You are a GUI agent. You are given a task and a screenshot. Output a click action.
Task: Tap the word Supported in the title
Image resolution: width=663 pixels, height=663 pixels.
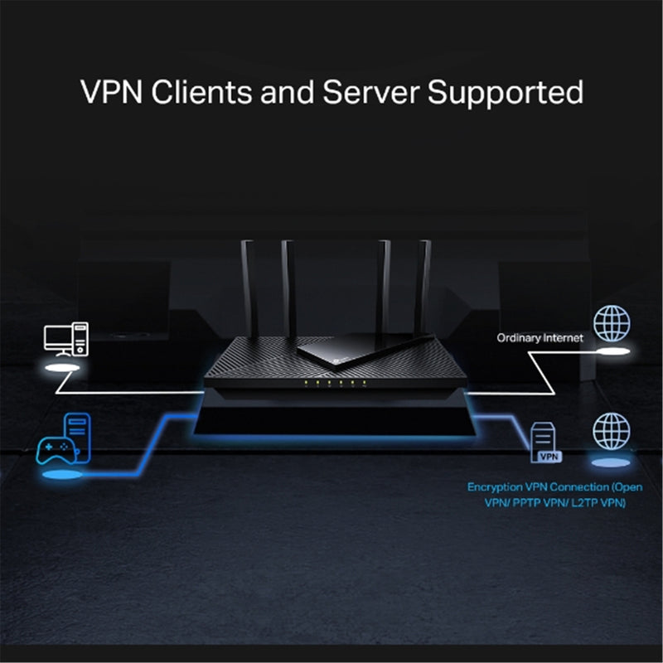click(506, 93)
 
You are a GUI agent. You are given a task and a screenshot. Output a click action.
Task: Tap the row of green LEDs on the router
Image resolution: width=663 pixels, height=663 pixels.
click(331, 383)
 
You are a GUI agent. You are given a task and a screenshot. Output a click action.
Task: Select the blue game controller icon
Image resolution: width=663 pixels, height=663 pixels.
click(55, 451)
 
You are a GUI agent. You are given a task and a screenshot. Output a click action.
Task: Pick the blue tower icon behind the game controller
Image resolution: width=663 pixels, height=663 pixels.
click(76, 436)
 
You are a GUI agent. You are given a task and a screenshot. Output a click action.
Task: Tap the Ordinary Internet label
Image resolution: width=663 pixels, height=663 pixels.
click(540, 338)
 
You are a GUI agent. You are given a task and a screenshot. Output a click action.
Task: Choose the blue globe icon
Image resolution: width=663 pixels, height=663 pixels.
click(611, 431)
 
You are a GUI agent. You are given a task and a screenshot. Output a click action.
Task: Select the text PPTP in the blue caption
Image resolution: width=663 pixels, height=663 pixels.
click(527, 503)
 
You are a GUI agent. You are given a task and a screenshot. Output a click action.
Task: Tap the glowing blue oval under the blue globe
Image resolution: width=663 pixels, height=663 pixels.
click(611, 461)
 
